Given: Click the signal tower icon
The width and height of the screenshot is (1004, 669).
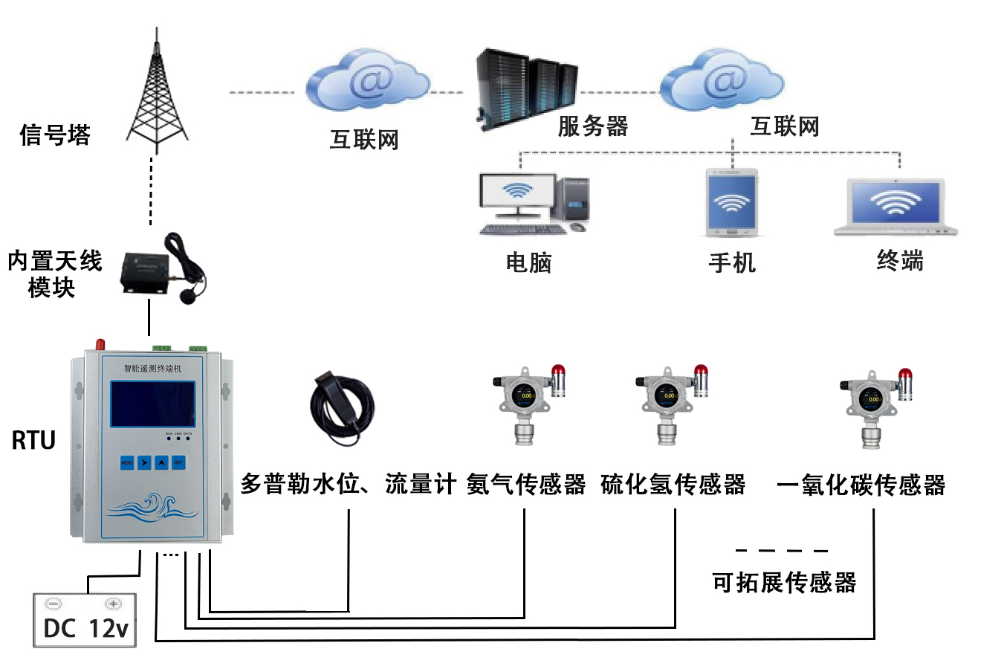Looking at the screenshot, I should (x=156, y=93).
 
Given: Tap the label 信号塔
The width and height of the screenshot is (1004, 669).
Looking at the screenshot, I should (x=55, y=135).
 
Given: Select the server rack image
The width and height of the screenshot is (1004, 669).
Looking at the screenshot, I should (x=526, y=88).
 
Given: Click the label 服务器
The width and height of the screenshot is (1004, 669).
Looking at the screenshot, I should (x=593, y=126).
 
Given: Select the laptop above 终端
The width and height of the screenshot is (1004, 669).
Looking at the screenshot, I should (x=895, y=206).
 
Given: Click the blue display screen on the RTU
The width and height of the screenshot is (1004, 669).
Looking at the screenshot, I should (x=153, y=404).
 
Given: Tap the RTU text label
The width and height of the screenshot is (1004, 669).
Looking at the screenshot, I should (x=33, y=441).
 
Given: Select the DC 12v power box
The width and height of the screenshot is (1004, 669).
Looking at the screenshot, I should (x=85, y=620).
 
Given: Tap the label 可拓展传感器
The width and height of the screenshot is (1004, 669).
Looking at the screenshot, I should (x=784, y=582).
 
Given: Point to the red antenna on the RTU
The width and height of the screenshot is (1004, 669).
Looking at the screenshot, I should (x=100, y=344).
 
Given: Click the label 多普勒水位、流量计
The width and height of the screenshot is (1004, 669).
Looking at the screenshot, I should (x=348, y=485).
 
